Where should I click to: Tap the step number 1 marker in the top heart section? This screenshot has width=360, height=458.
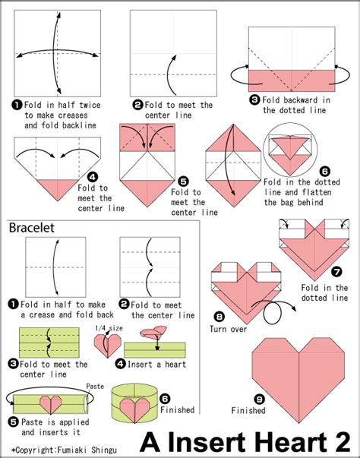click(x=15, y=104)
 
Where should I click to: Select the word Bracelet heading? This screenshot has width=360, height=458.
click(x=32, y=227)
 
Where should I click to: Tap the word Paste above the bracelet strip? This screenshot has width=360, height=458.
click(x=95, y=386)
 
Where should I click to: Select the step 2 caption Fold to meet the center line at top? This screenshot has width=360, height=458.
click(x=176, y=110)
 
